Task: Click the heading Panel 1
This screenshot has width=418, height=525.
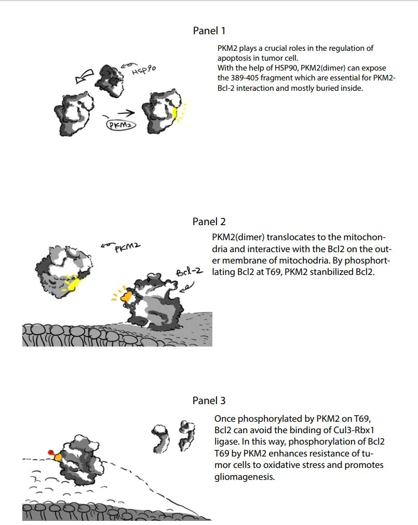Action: click(x=209, y=31)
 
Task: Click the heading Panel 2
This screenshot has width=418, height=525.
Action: click(x=209, y=222)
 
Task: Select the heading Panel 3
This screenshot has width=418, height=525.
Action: click(x=209, y=400)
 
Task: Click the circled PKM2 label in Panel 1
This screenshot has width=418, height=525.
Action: click(x=120, y=125)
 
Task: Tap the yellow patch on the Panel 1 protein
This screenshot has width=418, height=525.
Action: click(x=176, y=113)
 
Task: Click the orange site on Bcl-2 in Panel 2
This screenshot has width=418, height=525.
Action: click(x=125, y=297)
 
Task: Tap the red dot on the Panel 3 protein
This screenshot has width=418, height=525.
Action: click(x=51, y=452)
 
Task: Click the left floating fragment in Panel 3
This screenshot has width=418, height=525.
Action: click(x=159, y=435)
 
